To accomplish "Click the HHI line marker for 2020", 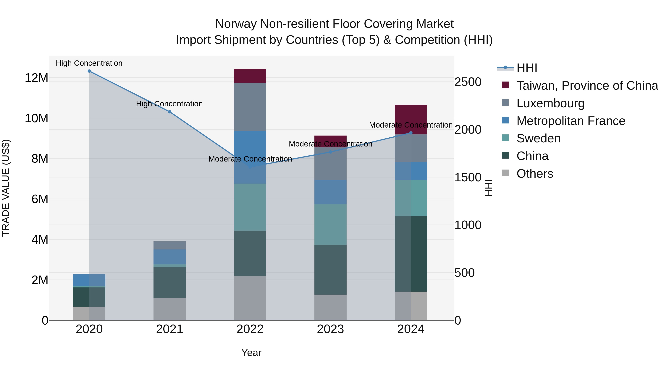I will point(89,71).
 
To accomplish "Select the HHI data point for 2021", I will point(170,112).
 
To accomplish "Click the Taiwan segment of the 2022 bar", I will point(250,76).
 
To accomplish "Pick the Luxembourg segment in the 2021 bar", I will point(170,245).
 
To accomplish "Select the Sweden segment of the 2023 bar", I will point(330,224).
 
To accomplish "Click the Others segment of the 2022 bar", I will point(250,298).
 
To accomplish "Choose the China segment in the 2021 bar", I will point(170,283).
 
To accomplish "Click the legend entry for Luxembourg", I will point(550,103).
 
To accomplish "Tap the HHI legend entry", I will point(527,68).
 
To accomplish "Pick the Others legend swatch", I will point(505,173).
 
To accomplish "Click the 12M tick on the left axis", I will point(36,78).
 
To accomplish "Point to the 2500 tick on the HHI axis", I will point(468,82).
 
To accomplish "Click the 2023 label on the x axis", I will point(330,329).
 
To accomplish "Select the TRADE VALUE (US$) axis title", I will point(6,188).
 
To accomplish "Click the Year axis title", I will point(251,353).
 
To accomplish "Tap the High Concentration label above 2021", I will point(169,104).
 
